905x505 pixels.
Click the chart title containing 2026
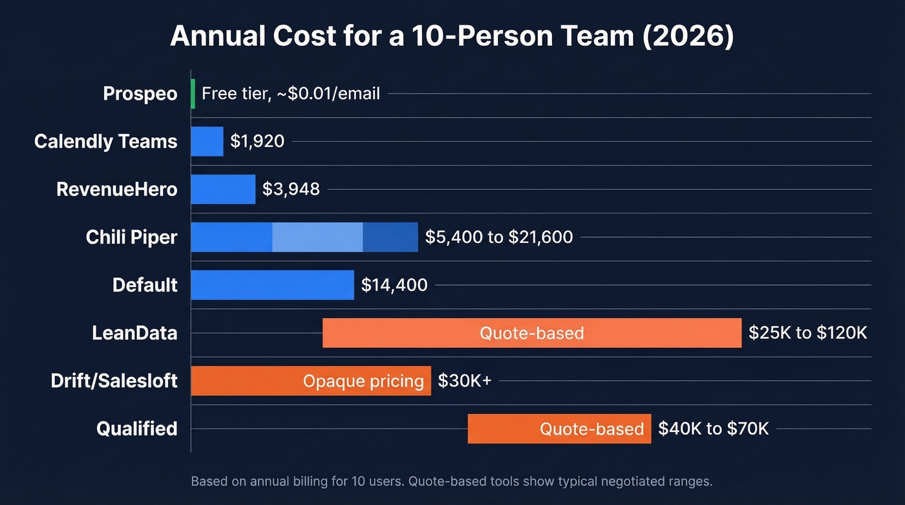click(452, 36)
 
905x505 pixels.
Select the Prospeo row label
click(140, 94)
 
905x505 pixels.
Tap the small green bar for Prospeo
click(193, 94)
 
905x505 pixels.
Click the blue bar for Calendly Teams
click(207, 142)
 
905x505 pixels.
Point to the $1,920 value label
click(257, 142)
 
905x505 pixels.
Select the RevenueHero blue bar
click(223, 189)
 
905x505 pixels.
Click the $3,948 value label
click(291, 189)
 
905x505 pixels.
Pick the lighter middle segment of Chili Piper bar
click(317, 237)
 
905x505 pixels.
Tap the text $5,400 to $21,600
click(498, 237)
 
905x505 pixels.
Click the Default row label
click(145, 285)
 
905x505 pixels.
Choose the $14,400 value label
click(394, 285)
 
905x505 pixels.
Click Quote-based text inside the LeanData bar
click(531, 333)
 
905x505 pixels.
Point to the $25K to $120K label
click(807, 333)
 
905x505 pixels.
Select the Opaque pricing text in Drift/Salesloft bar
click(363, 381)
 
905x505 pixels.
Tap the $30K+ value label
click(464, 381)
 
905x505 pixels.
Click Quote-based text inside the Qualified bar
click(591, 429)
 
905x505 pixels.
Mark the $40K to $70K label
click(713, 429)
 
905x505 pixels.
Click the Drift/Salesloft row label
click(114, 381)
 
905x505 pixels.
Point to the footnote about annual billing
click(451, 482)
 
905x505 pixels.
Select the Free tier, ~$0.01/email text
click(291, 94)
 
